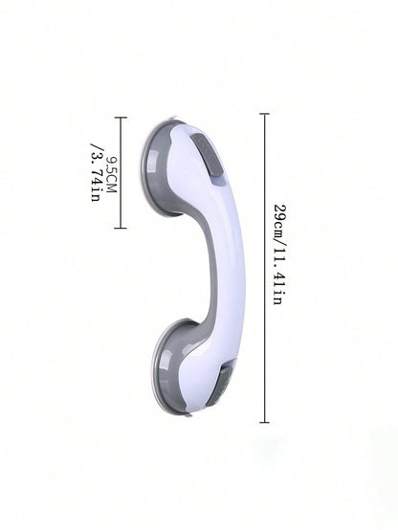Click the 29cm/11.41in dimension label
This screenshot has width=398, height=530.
[280, 254]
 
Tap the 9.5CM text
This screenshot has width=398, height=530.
[111, 174]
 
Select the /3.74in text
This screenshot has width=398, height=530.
[96, 172]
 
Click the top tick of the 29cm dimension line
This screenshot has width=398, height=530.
[264, 114]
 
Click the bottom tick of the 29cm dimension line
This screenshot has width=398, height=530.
[264, 422]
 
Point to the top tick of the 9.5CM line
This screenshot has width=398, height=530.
[121, 118]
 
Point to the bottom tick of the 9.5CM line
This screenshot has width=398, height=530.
[121, 228]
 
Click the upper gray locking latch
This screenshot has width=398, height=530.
[207, 155]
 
